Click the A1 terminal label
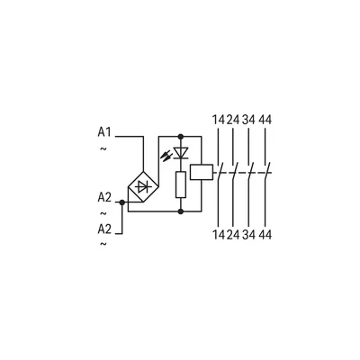point(104,132)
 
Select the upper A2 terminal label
point(104,197)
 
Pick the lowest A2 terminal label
point(104,229)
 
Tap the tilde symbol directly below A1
point(103,148)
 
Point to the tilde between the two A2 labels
point(103,213)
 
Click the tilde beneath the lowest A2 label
point(103,244)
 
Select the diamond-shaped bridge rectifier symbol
point(143,187)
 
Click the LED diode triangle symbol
point(181,153)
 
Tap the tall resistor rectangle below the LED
point(181,184)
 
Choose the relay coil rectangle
point(202,172)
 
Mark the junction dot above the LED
point(181,137)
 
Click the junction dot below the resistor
point(181,211)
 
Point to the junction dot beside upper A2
point(121,202)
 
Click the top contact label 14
point(219,120)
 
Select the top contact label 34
point(248,120)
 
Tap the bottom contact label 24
point(233,235)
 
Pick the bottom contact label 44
point(265,235)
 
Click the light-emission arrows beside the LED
point(166,157)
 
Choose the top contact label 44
point(265,120)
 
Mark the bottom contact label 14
point(219,235)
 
